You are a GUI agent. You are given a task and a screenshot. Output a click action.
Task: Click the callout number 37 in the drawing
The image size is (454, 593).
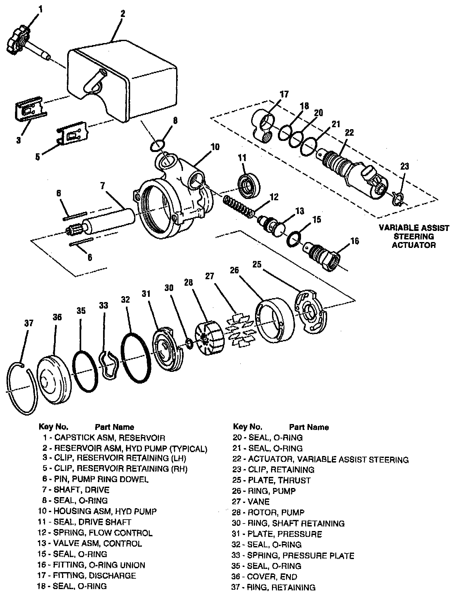click(29, 323)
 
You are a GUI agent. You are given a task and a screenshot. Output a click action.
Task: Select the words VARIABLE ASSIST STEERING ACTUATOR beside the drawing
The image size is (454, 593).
click(414, 236)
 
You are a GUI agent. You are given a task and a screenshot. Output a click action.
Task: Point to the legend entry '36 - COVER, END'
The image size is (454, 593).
click(265, 577)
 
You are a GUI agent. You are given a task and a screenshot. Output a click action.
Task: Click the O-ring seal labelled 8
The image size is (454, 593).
click(157, 145)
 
